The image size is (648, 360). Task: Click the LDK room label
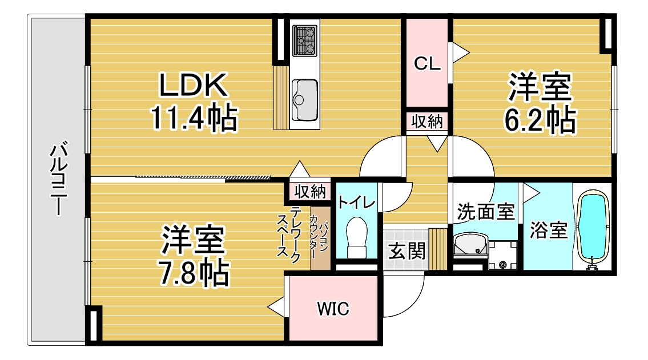pyautogui.click(x=194, y=87)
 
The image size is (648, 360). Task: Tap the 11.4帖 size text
pyautogui.click(x=194, y=119)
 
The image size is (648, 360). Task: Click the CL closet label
pyautogui.click(x=427, y=64)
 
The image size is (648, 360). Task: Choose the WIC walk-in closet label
pyautogui.click(x=333, y=309)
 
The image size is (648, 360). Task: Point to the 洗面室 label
pyautogui.click(x=486, y=212)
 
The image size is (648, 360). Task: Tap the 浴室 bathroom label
pyautogui.click(x=548, y=231)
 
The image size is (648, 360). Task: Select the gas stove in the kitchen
pyautogui.click(x=304, y=39)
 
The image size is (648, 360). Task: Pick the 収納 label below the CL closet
pyautogui.click(x=427, y=122)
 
